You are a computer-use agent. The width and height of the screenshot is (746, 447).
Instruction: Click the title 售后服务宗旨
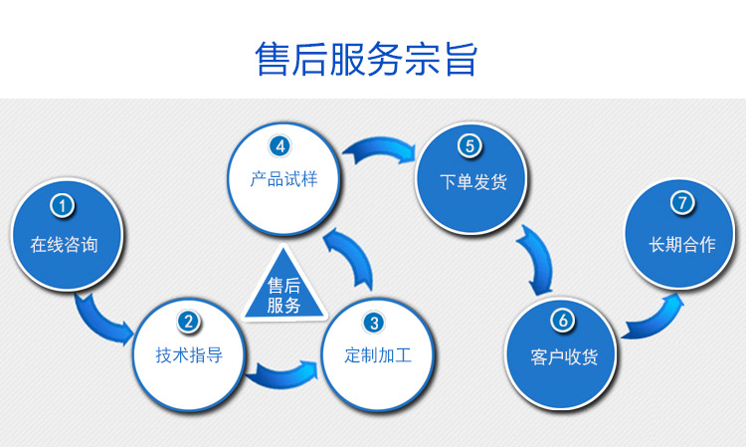point(366,59)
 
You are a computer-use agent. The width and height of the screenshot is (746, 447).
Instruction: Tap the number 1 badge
point(62,206)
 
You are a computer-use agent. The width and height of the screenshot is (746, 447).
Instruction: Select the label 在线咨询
point(65,245)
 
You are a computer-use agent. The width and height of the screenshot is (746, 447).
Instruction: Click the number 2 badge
point(189,322)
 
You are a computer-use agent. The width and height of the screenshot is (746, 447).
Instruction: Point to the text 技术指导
point(189,355)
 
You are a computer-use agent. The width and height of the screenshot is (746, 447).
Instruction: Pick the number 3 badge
point(374,323)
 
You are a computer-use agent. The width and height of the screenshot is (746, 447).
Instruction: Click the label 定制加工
point(378,355)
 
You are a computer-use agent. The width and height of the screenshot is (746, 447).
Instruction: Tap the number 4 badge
point(280,146)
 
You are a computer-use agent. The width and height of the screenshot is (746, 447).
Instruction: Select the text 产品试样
point(284,179)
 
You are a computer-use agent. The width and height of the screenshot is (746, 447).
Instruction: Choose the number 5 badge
point(469,145)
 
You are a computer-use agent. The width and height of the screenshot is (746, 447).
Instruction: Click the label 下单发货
point(473,182)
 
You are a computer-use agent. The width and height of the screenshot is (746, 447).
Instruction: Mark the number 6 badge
point(563,320)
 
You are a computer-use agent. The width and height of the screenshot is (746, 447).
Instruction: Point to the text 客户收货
point(564,357)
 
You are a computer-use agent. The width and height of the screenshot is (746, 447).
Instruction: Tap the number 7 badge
point(682,203)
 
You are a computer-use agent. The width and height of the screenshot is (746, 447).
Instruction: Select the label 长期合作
point(682,245)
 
